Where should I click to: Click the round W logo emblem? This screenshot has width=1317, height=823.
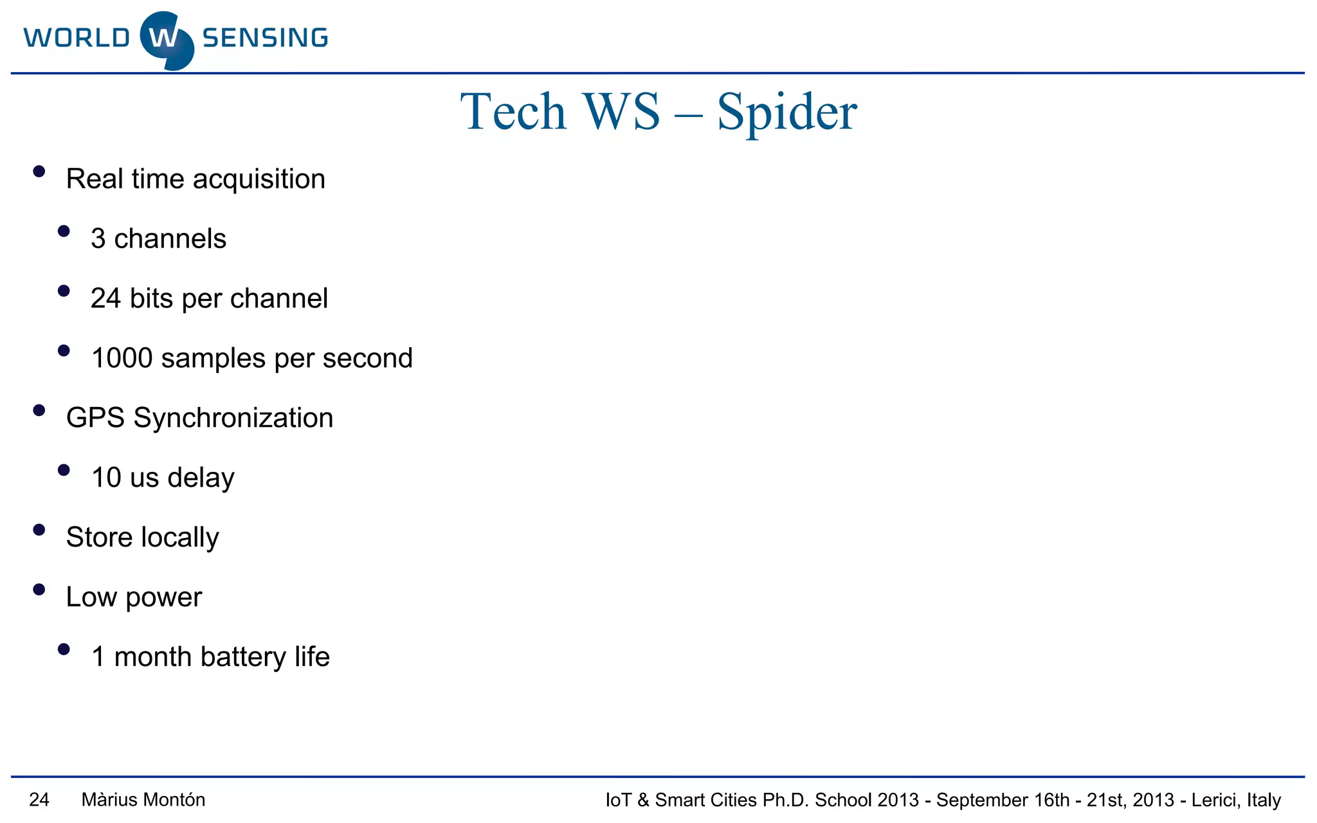[x=166, y=40]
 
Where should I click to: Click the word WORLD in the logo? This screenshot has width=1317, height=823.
[x=77, y=39]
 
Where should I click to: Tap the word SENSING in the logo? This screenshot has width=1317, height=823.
[x=265, y=39]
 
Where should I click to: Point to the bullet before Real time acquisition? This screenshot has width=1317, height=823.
[x=39, y=172]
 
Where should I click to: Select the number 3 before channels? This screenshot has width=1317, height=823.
[x=98, y=239]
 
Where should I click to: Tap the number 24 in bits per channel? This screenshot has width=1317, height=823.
[x=105, y=299]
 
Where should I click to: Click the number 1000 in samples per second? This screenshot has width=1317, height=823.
[x=122, y=359]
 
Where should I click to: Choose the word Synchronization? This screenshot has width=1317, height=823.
[x=233, y=419]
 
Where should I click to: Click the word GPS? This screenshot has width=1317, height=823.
[x=95, y=419]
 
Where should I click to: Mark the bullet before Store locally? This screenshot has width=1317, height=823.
[x=39, y=530]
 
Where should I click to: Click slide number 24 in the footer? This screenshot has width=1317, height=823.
[x=39, y=800]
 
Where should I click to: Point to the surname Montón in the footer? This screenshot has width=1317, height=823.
[x=179, y=800]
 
